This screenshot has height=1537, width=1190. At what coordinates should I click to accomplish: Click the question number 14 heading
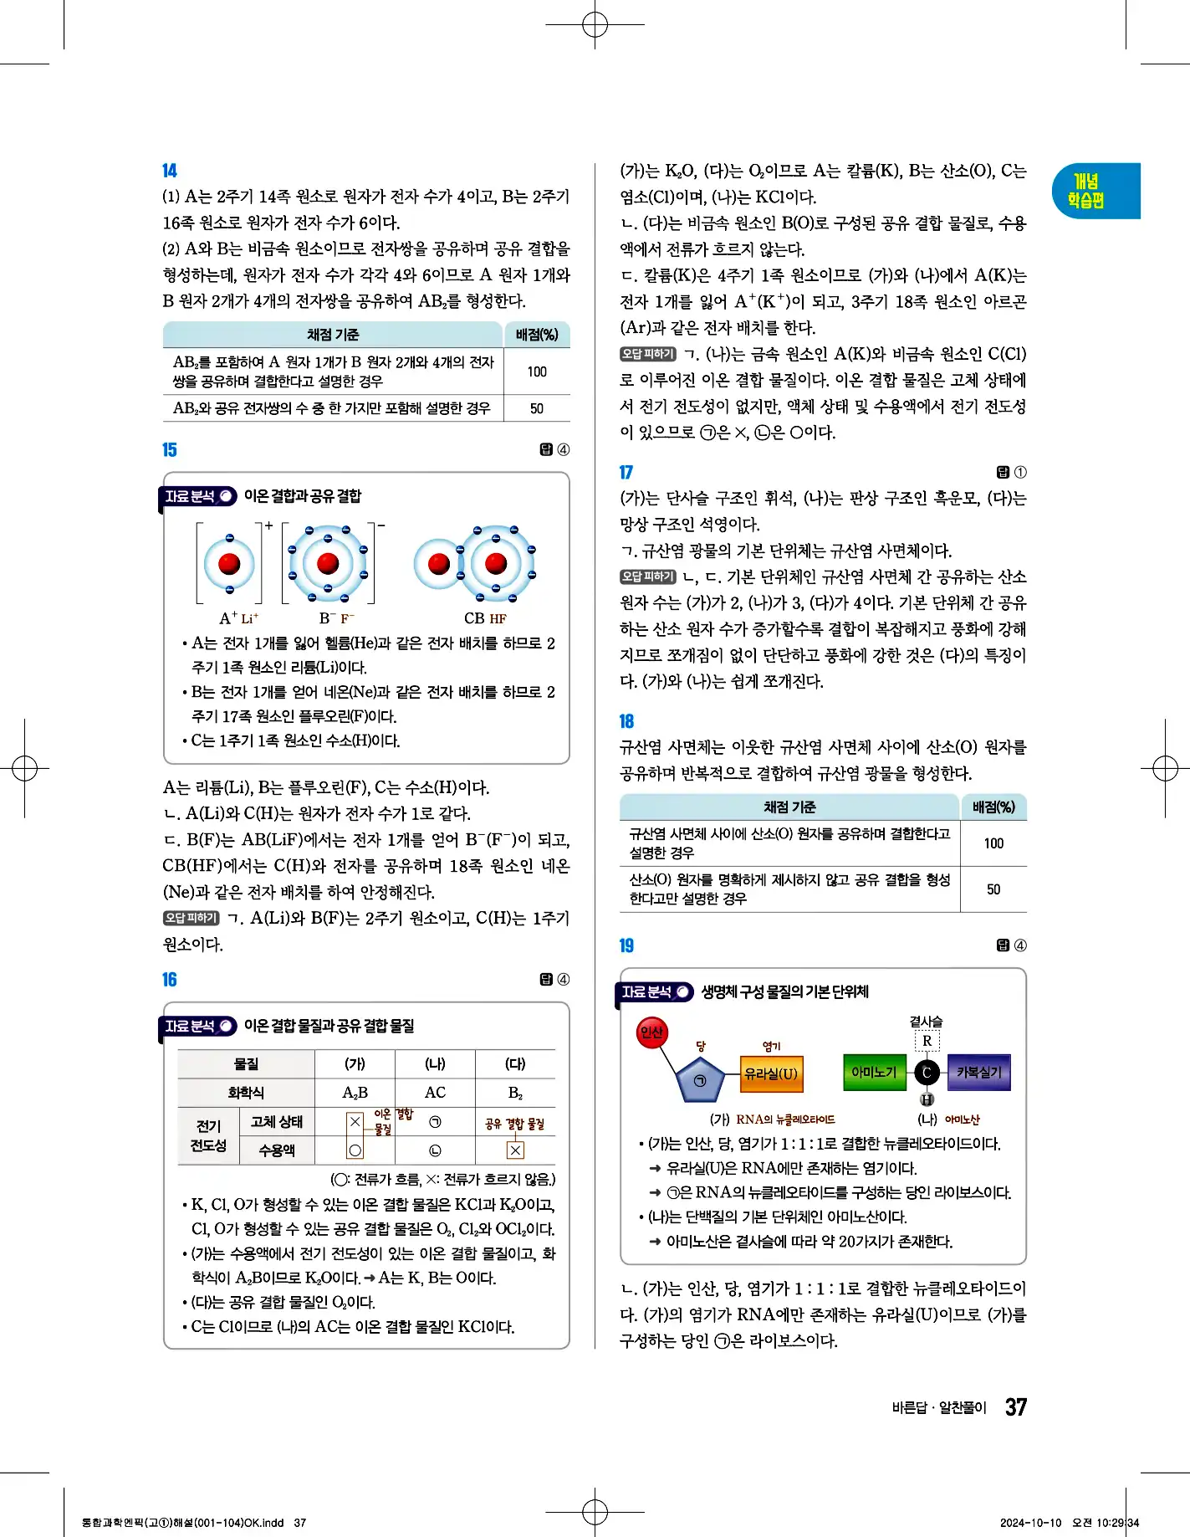point(170,171)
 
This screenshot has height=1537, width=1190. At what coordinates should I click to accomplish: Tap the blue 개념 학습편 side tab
point(1095,191)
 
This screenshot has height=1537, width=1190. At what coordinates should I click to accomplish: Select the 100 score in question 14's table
point(537,371)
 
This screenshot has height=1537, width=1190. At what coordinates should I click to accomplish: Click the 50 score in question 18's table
point(993,889)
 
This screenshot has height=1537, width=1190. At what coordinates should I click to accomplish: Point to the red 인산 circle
point(651,1032)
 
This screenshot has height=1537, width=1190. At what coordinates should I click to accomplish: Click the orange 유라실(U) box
point(771,1074)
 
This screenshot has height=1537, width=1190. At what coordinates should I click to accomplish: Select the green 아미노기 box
point(874,1072)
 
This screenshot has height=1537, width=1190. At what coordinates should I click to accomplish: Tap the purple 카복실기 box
point(978,1072)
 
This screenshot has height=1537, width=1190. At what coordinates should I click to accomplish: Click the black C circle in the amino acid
point(927,1072)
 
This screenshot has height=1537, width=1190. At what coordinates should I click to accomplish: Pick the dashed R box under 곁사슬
point(927,1041)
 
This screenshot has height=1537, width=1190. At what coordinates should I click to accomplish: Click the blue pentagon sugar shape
point(700,1080)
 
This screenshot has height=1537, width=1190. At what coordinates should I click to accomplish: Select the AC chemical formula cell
point(435,1093)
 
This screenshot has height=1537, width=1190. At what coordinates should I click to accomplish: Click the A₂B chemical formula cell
point(355,1093)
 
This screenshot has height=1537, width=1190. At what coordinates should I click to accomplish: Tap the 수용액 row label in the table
point(277,1150)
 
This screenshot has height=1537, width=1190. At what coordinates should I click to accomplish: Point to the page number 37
point(1016,1407)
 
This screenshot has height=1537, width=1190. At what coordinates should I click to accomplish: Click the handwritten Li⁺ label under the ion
point(250,619)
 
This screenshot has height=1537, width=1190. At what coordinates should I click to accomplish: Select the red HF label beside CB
point(498,619)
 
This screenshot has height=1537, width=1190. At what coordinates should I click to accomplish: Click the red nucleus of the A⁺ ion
point(229,564)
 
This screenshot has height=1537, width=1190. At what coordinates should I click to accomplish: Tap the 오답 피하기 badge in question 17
point(647,576)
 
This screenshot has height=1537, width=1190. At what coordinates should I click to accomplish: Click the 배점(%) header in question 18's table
point(993,807)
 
